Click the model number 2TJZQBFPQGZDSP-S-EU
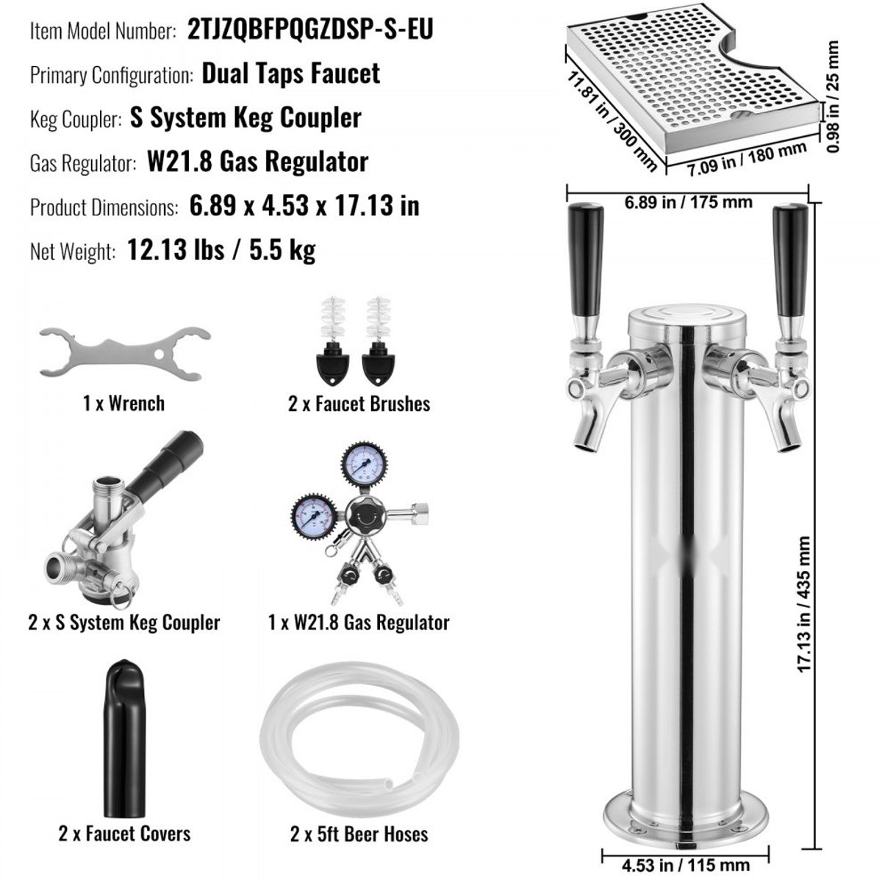coord(310,29)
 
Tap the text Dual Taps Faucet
coord(290,73)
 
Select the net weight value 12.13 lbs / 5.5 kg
coord(221,250)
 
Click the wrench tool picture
coord(124,353)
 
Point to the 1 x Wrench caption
coord(123,404)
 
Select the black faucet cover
coord(124,738)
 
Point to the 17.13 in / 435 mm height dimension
coord(804,604)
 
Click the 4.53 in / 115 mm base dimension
coord(686,865)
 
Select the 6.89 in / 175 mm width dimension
coord(689,202)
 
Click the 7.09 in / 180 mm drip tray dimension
coord(747,159)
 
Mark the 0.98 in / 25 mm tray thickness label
coord(833,96)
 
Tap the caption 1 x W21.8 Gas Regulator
coord(359,622)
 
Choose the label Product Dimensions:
coord(104,207)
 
